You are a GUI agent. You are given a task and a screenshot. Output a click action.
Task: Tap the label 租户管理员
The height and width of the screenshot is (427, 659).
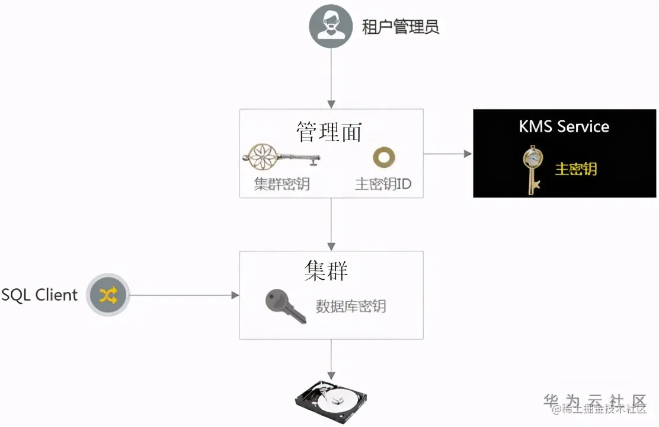coord(401,27)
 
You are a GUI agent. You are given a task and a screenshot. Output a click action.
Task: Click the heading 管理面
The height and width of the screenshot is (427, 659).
coord(329,132)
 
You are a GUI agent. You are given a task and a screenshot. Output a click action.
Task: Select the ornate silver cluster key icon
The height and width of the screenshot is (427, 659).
coord(280,158)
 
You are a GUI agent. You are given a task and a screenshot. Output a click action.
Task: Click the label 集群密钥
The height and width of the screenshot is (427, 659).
coord(281,184)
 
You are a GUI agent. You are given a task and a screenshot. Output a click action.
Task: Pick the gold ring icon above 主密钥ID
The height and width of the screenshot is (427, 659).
coord(383,157)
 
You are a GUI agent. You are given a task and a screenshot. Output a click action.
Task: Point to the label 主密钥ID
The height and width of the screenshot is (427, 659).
coord(383,184)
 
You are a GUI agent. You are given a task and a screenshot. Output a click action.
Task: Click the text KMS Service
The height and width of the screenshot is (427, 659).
coord(564,126)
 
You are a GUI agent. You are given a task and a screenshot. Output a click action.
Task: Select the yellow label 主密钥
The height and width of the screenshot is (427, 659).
coord(575,169)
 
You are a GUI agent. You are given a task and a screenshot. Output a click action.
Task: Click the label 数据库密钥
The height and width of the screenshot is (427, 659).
coord(351,306)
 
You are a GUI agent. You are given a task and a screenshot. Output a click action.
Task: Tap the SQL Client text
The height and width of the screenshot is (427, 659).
coord(39,295)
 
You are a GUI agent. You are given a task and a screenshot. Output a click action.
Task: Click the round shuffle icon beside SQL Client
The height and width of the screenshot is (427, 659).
coord(107,295)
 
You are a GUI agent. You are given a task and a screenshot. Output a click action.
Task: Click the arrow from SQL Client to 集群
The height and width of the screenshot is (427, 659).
coord(184,295)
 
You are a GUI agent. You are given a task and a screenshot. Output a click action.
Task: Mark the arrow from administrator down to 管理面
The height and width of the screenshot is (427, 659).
coord(331,77)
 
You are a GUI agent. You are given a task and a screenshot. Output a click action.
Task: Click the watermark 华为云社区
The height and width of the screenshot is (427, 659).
coord(594,400)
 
